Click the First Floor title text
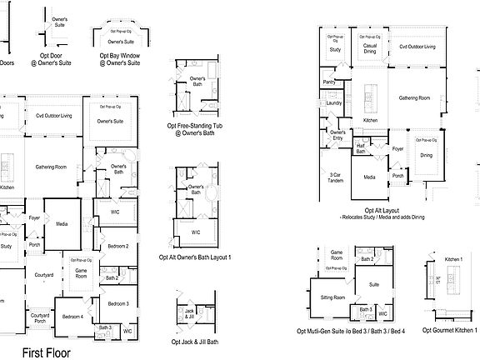[x=47, y=352]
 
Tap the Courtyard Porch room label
[x=40, y=317]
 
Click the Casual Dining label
[x=368, y=50]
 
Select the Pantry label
[x=329, y=82]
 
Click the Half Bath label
[x=361, y=148]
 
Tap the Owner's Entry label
[x=337, y=135]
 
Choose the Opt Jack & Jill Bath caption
[x=194, y=342]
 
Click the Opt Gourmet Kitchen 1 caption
[x=450, y=331]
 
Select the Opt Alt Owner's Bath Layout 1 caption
[x=194, y=257]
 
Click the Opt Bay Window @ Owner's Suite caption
[x=121, y=57]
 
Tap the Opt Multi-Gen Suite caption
[x=351, y=331]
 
